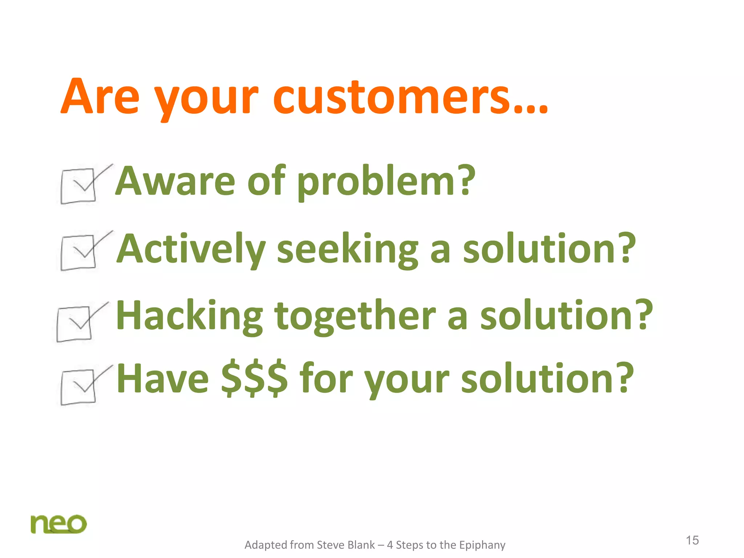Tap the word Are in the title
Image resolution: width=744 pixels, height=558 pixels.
(x=100, y=97)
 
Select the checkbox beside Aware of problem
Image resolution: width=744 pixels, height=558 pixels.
(x=78, y=186)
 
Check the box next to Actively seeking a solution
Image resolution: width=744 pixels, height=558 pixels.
(x=78, y=252)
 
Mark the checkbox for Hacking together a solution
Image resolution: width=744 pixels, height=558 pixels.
(x=74, y=324)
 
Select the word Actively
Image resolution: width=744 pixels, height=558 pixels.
(x=191, y=249)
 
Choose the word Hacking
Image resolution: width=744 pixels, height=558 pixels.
(x=189, y=316)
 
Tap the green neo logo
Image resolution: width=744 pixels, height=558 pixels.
(x=58, y=524)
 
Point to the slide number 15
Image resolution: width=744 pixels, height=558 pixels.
(x=692, y=540)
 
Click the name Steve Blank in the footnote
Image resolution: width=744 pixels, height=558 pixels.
(x=345, y=545)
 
